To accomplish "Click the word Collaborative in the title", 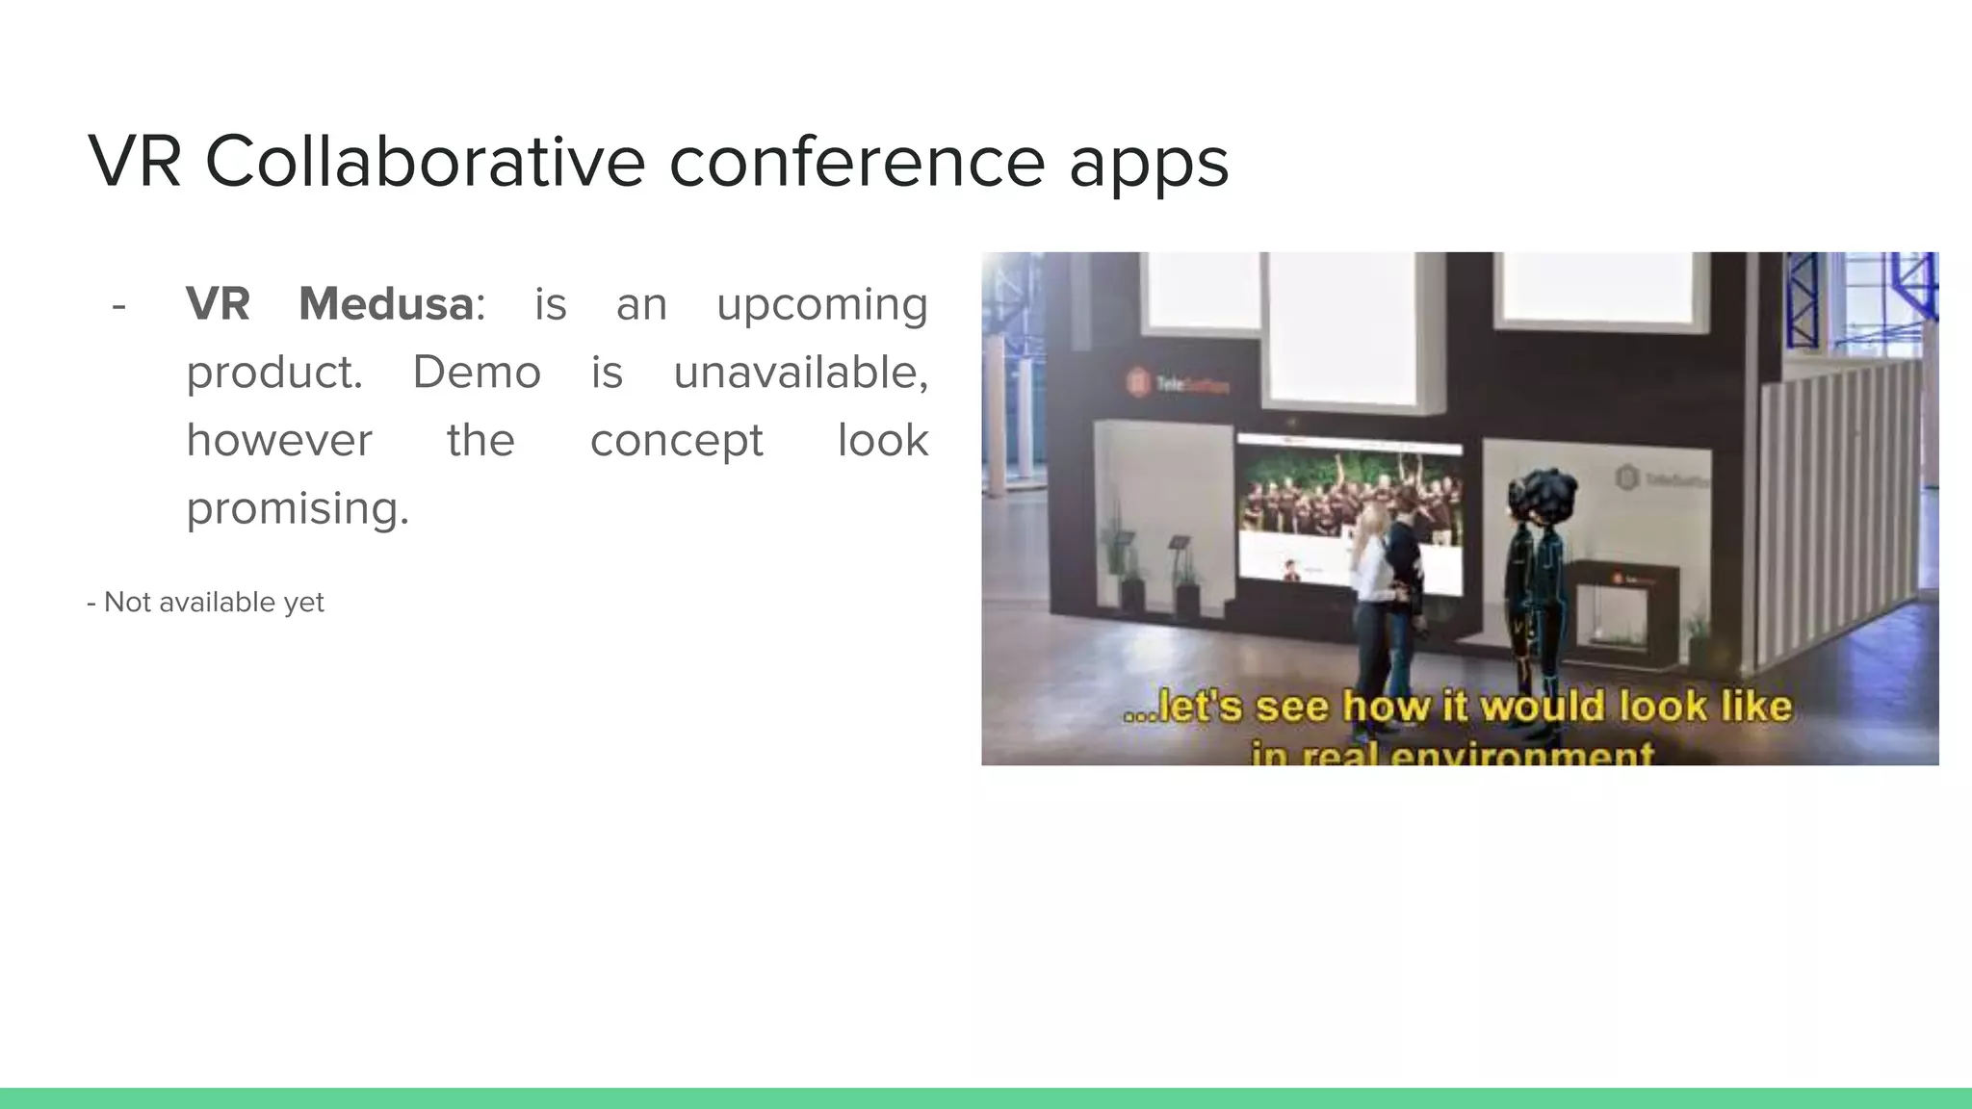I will tap(425, 161).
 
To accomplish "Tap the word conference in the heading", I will tap(856, 161).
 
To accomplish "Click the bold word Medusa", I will tap(385, 304).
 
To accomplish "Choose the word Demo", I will tap(477, 373).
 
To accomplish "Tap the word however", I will tap(279, 441).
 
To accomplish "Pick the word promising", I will tap(298, 509).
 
